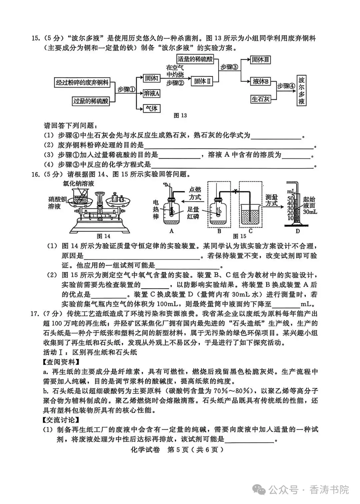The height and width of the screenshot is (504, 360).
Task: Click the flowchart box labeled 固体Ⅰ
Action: pos(152,79)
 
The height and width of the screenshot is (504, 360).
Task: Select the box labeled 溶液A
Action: pos(151,94)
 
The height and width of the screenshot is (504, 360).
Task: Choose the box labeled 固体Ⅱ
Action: pos(203,81)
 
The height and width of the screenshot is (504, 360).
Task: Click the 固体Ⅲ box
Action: pos(260,60)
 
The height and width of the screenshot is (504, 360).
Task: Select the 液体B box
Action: pos(261,81)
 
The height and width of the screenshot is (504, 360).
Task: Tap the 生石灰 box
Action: pos(261,99)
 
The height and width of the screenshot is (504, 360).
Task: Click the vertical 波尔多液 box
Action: pos(302,91)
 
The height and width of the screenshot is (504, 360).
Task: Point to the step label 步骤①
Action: pos(126,90)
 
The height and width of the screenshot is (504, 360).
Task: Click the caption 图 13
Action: pos(181,116)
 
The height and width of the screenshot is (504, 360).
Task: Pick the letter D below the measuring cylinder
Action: pos(298,231)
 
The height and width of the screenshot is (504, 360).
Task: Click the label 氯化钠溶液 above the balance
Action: pos(79,184)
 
